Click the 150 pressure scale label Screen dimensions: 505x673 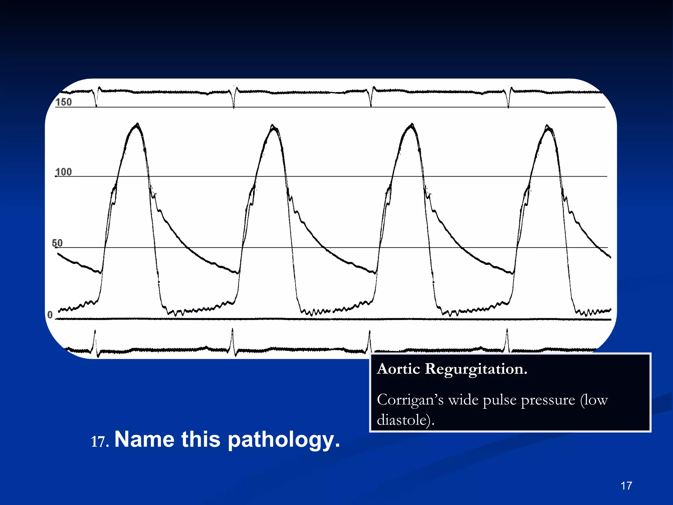click(x=63, y=102)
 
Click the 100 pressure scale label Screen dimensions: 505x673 click(x=63, y=172)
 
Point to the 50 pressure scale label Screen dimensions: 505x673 click(x=57, y=243)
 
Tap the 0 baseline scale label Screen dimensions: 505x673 click(x=50, y=315)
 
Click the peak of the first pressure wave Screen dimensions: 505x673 click(x=137, y=124)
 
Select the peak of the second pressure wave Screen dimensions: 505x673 click(x=273, y=126)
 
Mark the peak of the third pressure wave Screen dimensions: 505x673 click(x=412, y=125)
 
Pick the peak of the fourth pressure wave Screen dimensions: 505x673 click(x=547, y=126)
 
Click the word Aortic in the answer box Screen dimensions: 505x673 click(x=398, y=369)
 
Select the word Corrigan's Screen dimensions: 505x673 click(x=410, y=400)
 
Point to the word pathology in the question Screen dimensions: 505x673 click(x=284, y=440)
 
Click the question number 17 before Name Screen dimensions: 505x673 click(x=99, y=442)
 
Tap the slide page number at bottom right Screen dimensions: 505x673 click(x=626, y=486)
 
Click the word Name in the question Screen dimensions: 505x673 click(x=144, y=439)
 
